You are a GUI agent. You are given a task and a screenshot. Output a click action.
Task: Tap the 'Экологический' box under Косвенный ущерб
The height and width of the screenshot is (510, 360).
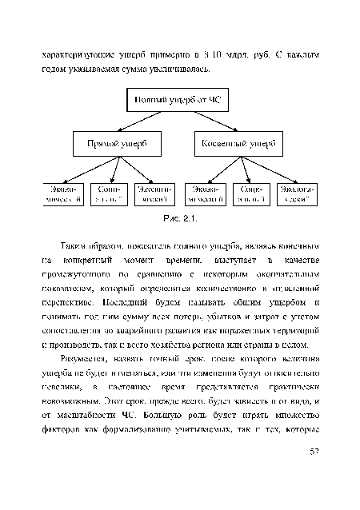tap(296, 193)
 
